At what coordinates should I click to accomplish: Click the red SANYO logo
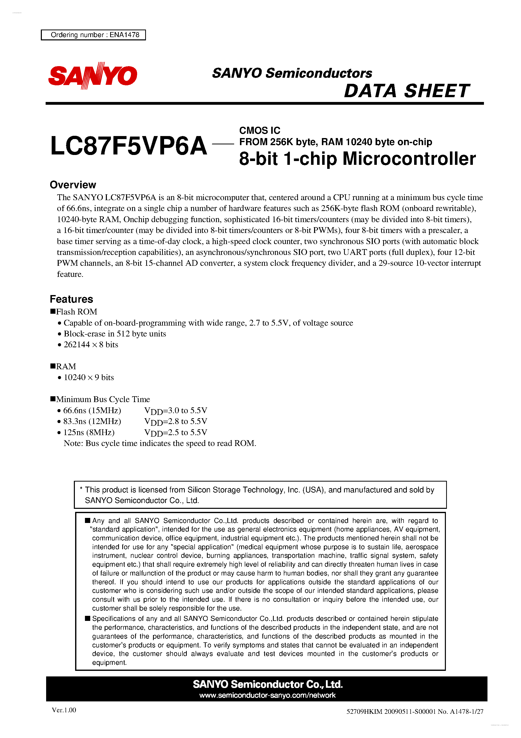pyautogui.click(x=93, y=76)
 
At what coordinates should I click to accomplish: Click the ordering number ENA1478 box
pyautogui.click(x=94, y=35)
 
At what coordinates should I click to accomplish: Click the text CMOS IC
pyautogui.click(x=259, y=130)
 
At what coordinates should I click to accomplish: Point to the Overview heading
pyautogui.click(x=73, y=185)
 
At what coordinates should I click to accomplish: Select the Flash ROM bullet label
pyautogui.click(x=76, y=311)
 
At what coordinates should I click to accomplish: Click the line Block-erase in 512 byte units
pyautogui.click(x=115, y=334)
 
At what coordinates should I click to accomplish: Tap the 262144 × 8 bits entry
pyautogui.click(x=91, y=345)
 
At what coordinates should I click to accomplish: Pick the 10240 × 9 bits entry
pyautogui.click(x=89, y=377)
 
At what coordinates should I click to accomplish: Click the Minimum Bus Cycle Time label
pyautogui.click(x=103, y=399)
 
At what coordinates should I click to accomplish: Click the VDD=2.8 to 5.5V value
pyautogui.click(x=176, y=421)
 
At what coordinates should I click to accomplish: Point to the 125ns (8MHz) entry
pyautogui.click(x=89, y=432)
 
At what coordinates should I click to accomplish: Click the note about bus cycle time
pyautogui.click(x=160, y=443)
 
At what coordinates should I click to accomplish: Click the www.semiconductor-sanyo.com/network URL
pyautogui.click(x=267, y=695)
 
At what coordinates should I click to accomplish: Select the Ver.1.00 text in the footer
pyautogui.click(x=64, y=710)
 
